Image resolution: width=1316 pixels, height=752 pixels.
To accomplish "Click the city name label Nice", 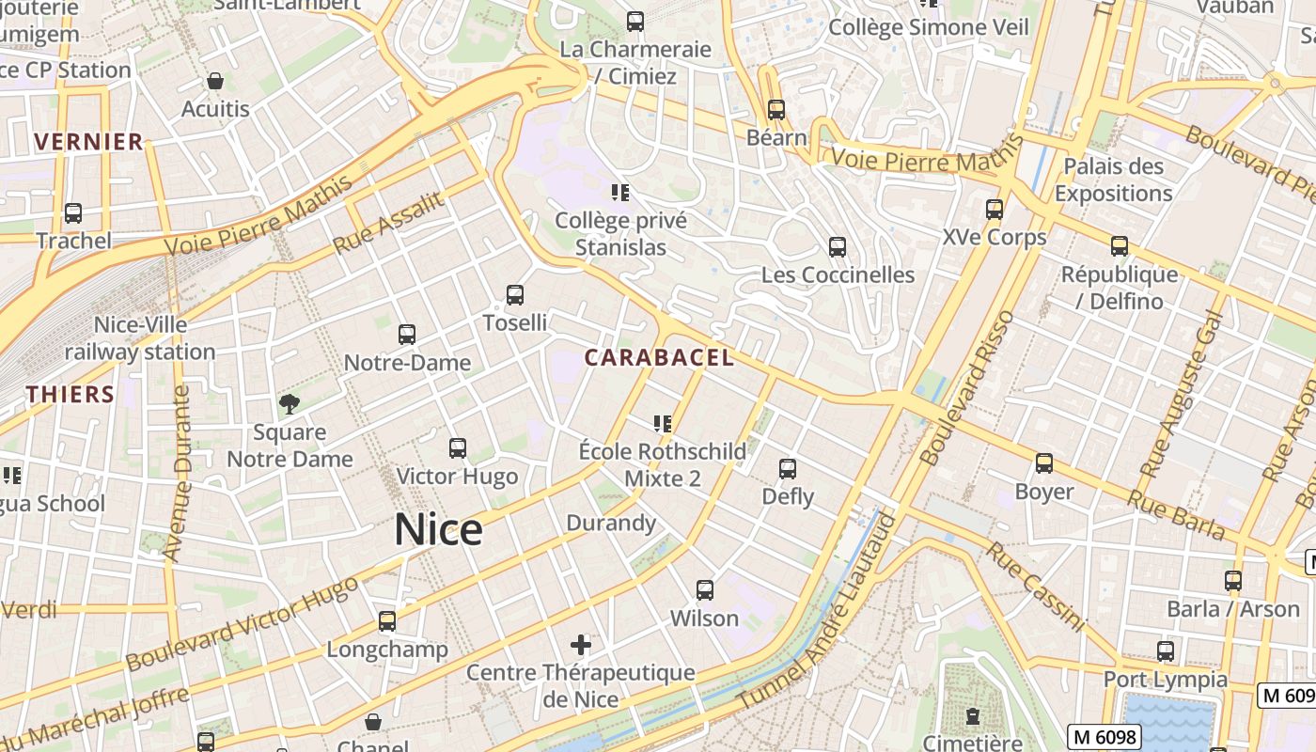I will coord(438,530).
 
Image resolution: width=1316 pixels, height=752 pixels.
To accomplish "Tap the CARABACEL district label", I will coord(659,358).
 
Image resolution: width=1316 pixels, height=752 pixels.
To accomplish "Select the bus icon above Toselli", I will coord(514,295).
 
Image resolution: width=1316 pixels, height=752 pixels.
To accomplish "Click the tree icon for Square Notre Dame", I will coord(290,404).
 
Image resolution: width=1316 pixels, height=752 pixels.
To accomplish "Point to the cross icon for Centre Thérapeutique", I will coord(581,645).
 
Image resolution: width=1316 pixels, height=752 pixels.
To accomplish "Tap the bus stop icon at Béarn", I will coord(776,110).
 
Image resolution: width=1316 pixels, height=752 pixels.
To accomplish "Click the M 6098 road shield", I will coord(1104,737).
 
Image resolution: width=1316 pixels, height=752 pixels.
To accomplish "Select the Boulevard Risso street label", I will coord(968,388).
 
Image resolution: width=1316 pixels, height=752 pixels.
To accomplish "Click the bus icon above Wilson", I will coord(705,590).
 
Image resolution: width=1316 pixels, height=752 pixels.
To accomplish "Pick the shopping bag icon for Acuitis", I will coord(215,82).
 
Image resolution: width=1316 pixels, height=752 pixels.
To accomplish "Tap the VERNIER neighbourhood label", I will coord(88,142).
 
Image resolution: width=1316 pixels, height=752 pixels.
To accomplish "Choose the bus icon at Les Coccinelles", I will coord(837,247).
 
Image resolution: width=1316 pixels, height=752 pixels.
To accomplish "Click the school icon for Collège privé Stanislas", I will coord(619,193).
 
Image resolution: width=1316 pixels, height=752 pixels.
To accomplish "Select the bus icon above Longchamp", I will coord(387,621).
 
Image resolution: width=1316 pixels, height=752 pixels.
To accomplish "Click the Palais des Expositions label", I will coord(1113,180).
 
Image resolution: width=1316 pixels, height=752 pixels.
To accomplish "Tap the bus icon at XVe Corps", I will coord(995,210).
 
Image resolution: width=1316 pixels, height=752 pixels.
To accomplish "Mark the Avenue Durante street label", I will coord(177,475).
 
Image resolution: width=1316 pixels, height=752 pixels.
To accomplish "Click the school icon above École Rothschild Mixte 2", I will coord(663,424).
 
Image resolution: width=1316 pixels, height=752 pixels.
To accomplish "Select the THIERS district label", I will coord(70,394).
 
